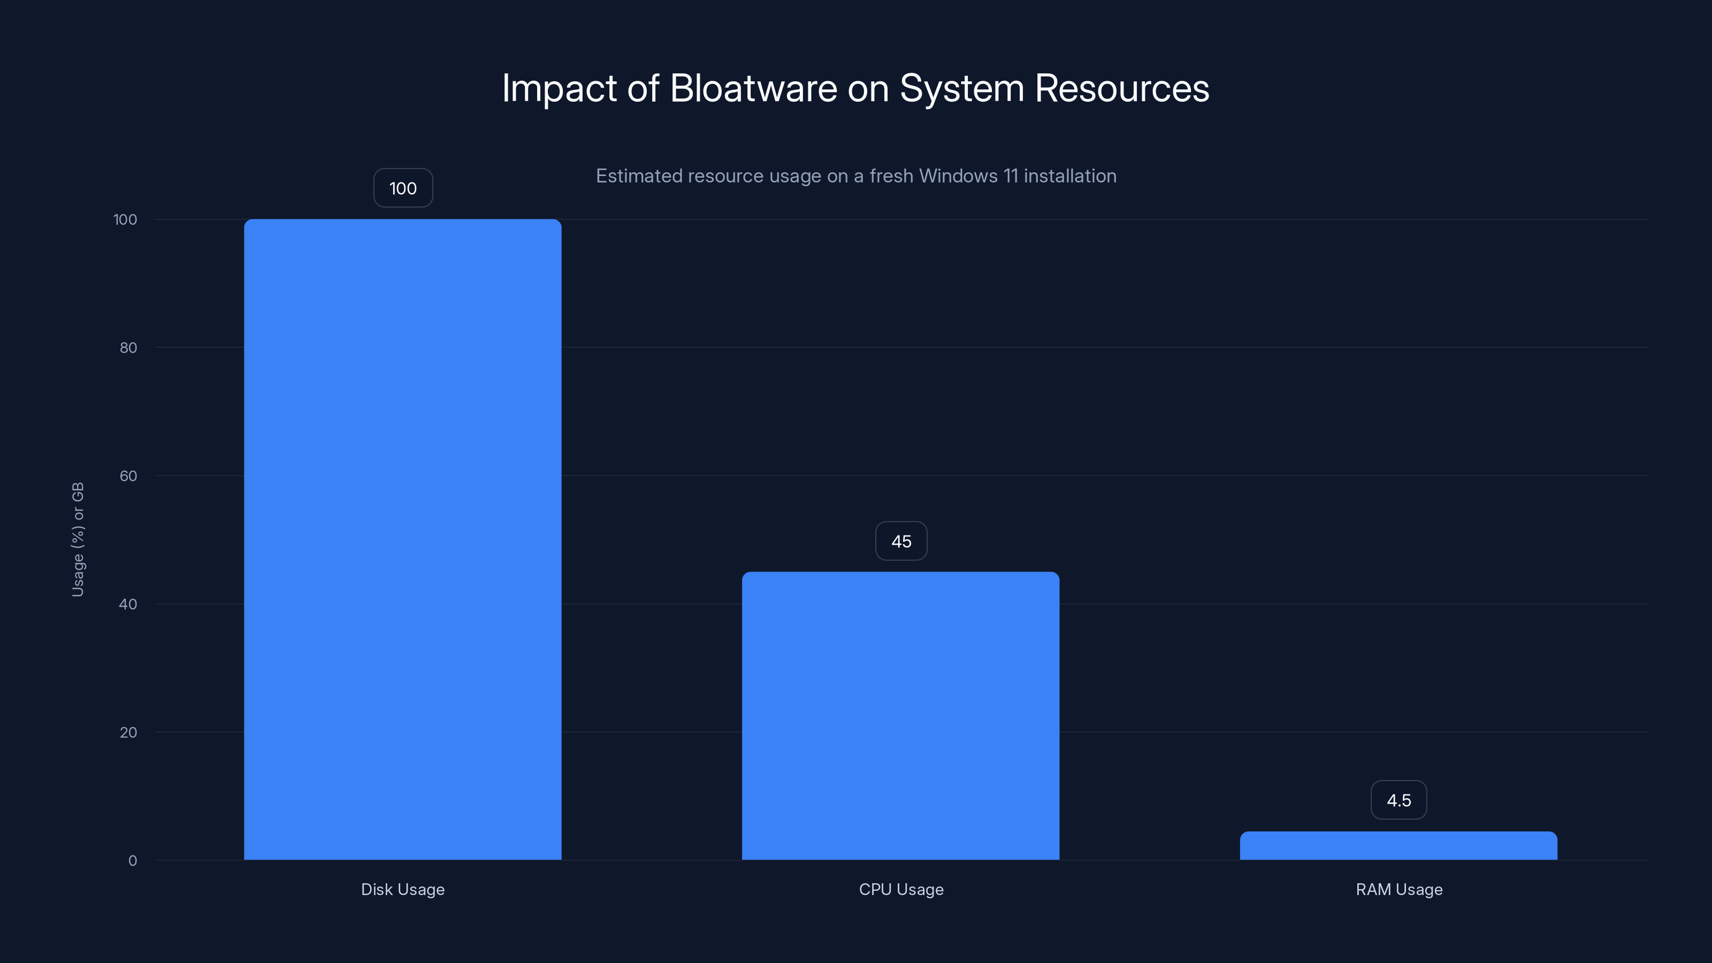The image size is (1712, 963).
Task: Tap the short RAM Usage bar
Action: coord(1398,845)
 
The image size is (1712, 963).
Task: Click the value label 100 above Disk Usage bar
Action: coord(403,188)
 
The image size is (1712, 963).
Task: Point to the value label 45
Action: coord(901,541)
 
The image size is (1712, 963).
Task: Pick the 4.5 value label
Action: coord(1398,800)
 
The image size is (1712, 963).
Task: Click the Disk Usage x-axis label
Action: coord(402,889)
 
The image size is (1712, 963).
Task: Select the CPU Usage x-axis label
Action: coord(900,889)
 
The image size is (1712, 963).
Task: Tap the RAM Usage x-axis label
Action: coord(1398,889)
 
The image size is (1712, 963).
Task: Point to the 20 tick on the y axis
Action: coord(128,732)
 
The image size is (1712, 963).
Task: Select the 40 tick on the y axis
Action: coord(128,604)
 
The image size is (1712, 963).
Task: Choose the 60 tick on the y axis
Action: coord(128,476)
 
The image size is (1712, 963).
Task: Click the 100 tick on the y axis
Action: coord(125,219)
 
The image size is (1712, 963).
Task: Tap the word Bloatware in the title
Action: coord(753,88)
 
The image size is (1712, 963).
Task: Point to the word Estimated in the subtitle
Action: coord(639,175)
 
